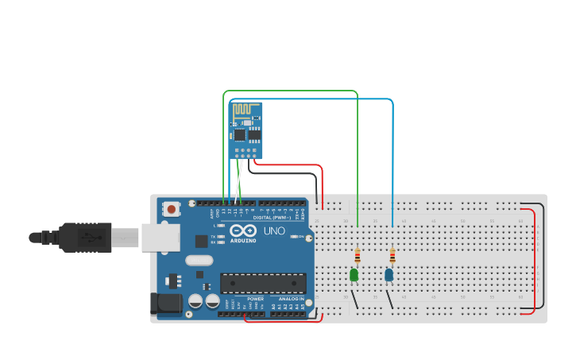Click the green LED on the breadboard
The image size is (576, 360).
coord(354,275)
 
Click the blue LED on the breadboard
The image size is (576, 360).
coord(389,275)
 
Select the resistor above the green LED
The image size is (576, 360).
coord(358,256)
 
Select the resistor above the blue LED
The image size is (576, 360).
coord(392,256)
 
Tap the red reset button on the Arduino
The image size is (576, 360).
coord(171,209)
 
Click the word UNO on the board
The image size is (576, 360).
coord(273,231)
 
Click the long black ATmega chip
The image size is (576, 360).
coord(263,283)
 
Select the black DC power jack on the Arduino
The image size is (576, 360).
coord(164,303)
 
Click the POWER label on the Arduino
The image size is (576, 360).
coord(255,299)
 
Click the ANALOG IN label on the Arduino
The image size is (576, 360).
coord(291,299)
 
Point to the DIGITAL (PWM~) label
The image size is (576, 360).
coord(272,217)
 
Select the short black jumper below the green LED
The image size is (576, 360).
coord(354,300)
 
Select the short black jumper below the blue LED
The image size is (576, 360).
coord(389,300)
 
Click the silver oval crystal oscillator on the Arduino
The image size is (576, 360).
coord(199,260)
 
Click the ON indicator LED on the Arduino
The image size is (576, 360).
coord(295,237)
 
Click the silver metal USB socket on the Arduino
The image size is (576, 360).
coord(158,238)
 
